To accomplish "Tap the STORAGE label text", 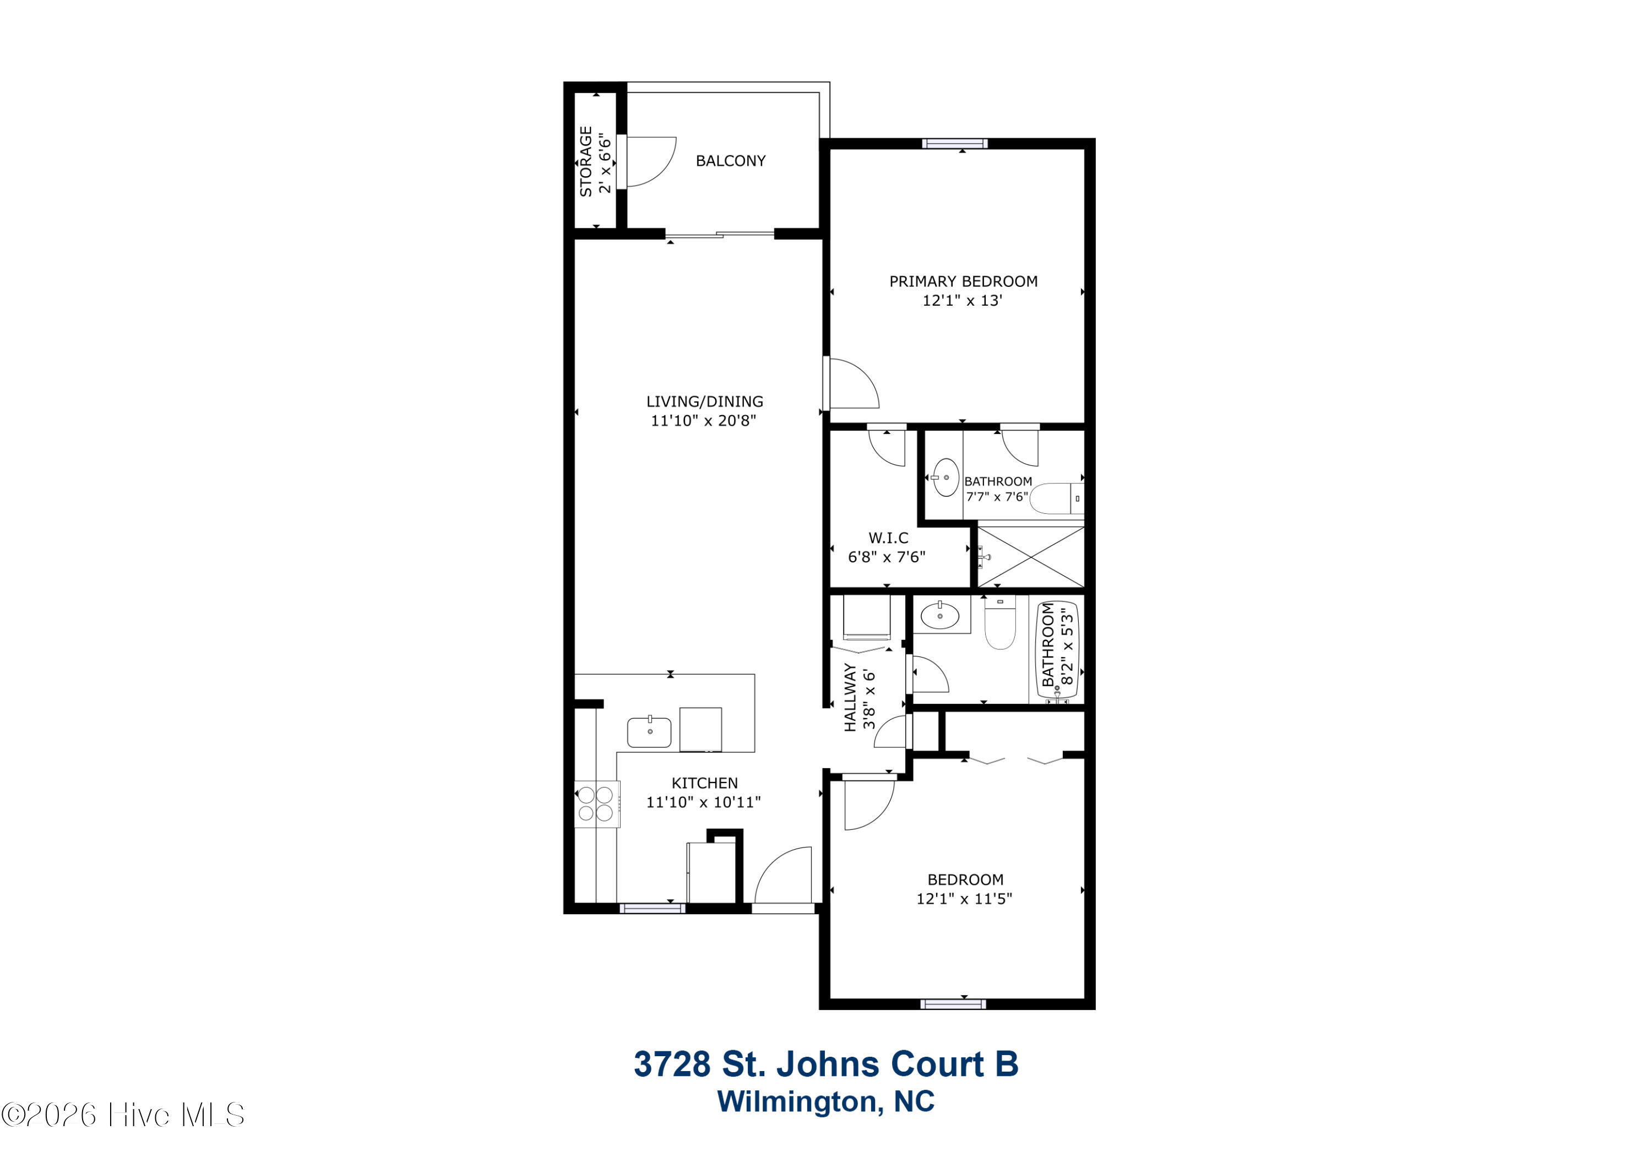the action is [586, 161].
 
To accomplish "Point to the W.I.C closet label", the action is [888, 537].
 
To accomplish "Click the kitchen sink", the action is [649, 732].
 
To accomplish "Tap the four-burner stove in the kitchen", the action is [596, 804].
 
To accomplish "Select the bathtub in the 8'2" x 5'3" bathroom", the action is [1057, 652].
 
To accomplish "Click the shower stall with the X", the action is [1031, 557].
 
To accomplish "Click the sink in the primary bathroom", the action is [945, 477].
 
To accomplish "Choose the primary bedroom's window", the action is [955, 143].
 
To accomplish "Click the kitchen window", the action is [652, 908].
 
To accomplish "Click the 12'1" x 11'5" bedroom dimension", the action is [964, 898].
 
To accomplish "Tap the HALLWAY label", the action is [850, 697].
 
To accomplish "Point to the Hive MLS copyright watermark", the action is [123, 1115].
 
